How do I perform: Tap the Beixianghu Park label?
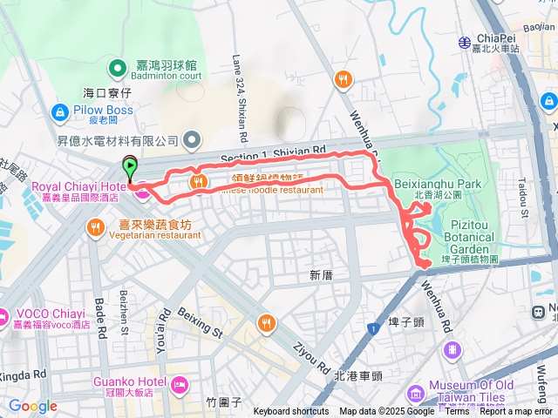pyautogui.click(x=449, y=185)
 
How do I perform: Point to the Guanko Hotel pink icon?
pyautogui.click(x=180, y=384)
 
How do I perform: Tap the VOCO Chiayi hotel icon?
pyautogui.click(x=3, y=313)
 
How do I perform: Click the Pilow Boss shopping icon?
pyautogui.click(x=59, y=111)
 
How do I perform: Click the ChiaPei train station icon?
pyautogui.click(x=464, y=41)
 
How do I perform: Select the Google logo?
pyautogui.click(x=32, y=406)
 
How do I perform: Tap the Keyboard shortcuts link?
pyautogui.click(x=291, y=412)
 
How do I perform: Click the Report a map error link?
pyautogui.click(x=516, y=412)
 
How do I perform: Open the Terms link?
pyautogui.click(x=457, y=412)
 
